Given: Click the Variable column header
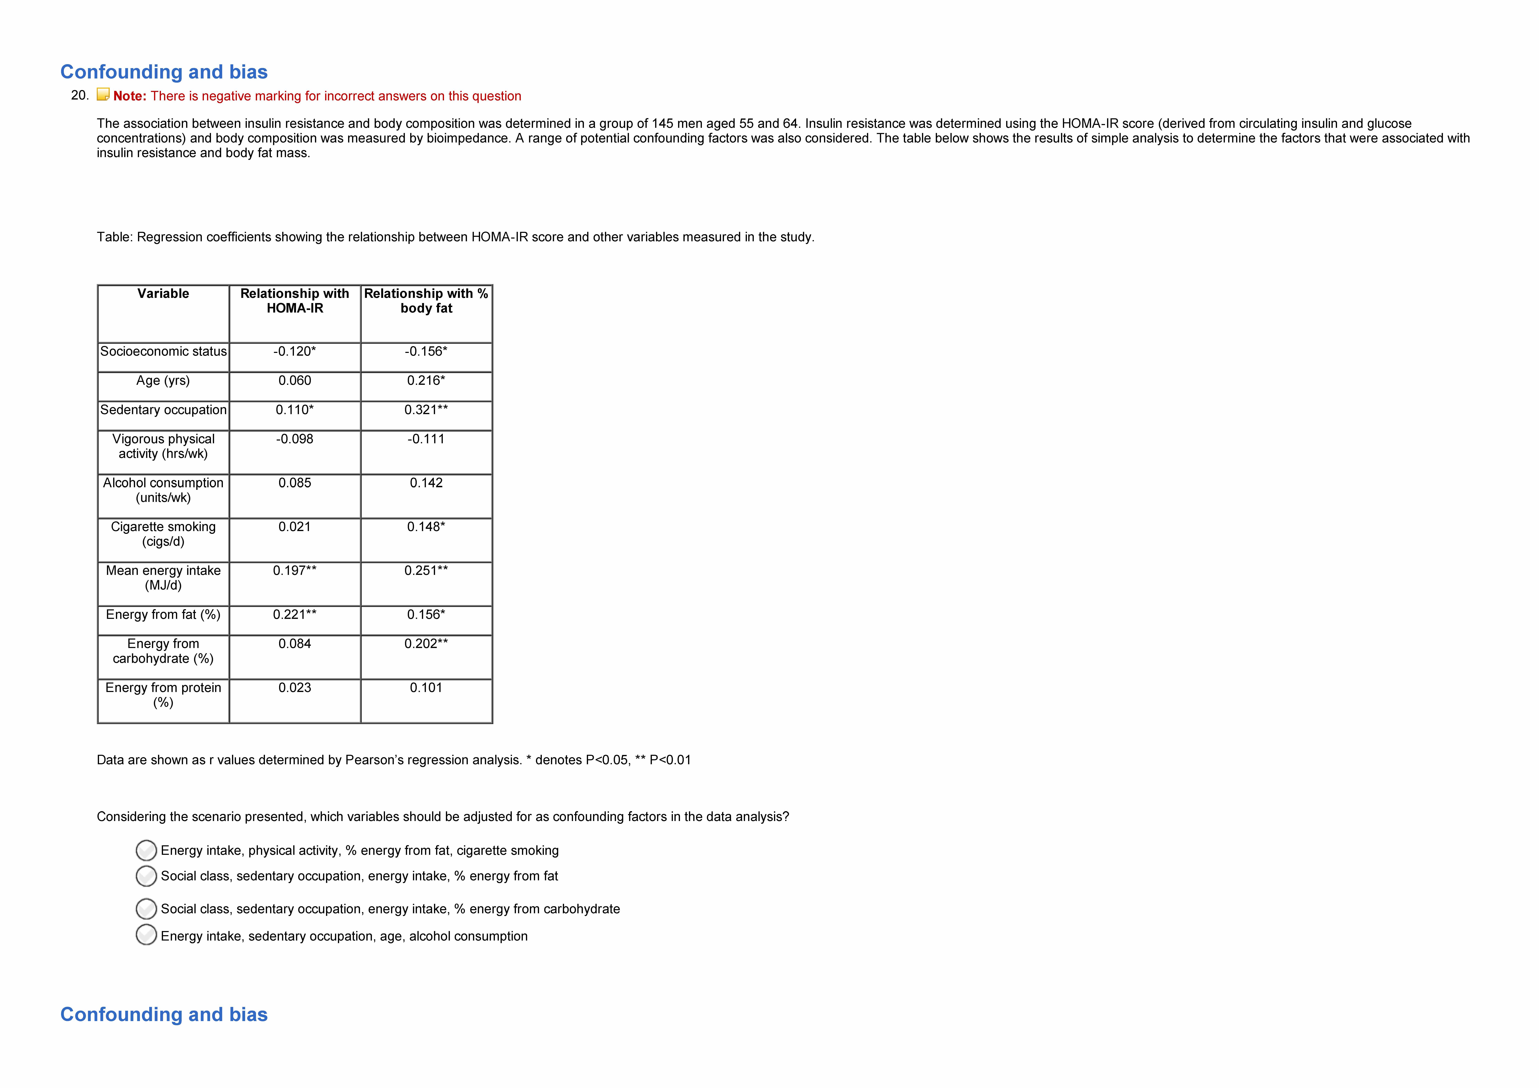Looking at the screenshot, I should click(x=163, y=294).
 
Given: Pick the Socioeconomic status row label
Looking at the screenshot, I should click(x=163, y=351).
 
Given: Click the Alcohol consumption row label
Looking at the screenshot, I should click(x=163, y=490).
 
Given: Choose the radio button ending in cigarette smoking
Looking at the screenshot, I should click(x=146, y=851).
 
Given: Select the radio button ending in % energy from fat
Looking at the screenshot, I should click(x=146, y=876).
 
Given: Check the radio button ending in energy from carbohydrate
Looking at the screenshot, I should click(x=146, y=909).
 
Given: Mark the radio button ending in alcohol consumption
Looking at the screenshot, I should click(x=146, y=935).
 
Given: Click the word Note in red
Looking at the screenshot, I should click(x=129, y=96).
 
